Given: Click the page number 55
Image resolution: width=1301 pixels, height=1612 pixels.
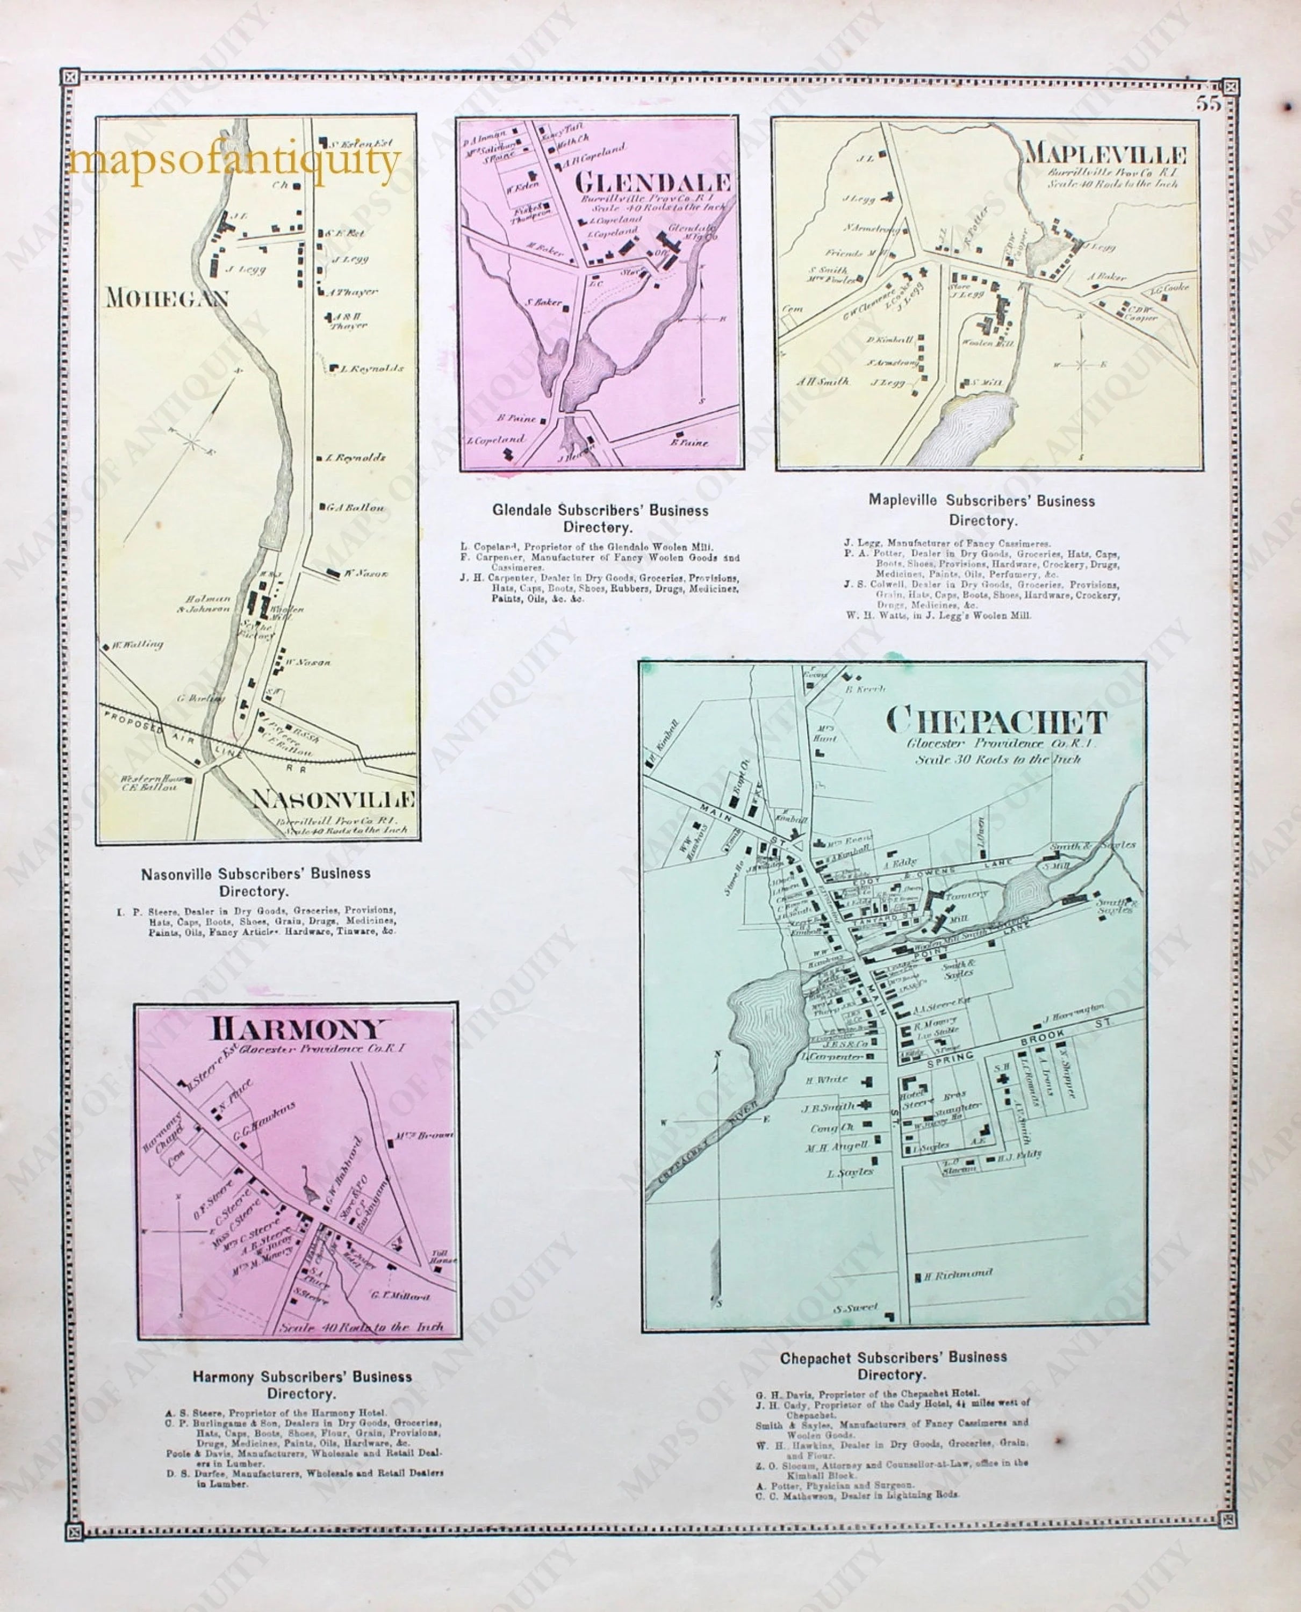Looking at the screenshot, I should click(1207, 104).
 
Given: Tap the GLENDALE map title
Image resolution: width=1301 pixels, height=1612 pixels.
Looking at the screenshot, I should click(653, 182).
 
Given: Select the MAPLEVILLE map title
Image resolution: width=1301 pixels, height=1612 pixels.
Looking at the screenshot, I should click(1105, 155).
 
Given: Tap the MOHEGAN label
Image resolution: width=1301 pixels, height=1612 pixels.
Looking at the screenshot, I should click(167, 298).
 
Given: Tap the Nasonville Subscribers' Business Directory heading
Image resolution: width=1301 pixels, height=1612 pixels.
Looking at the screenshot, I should click(256, 882).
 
